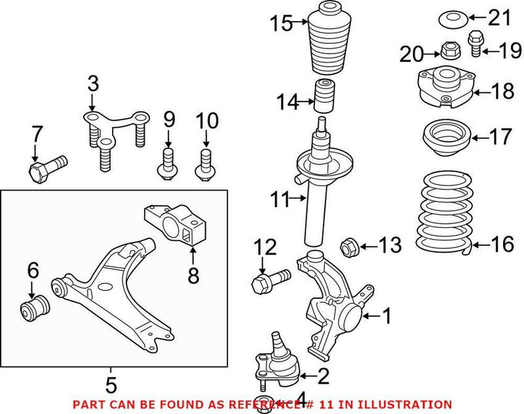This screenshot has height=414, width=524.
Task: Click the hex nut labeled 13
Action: tap(348, 248)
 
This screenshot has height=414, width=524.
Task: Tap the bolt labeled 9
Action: tap(167, 163)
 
